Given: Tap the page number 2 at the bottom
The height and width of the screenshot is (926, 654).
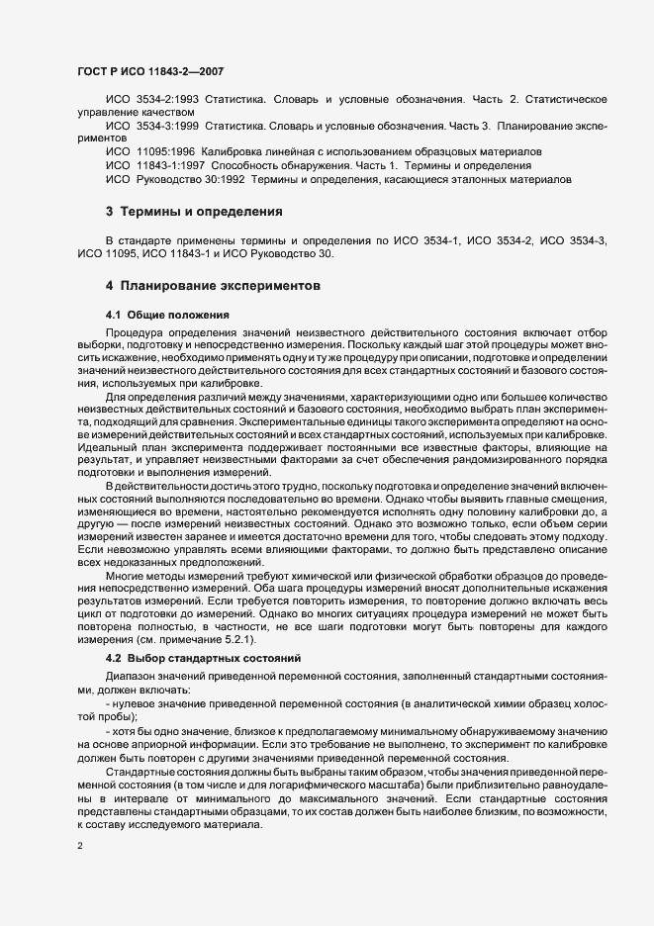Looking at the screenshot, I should (x=79, y=846).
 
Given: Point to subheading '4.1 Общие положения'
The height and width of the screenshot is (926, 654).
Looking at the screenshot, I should (x=167, y=315).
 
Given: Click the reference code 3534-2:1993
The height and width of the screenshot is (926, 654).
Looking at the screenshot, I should (x=166, y=101).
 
